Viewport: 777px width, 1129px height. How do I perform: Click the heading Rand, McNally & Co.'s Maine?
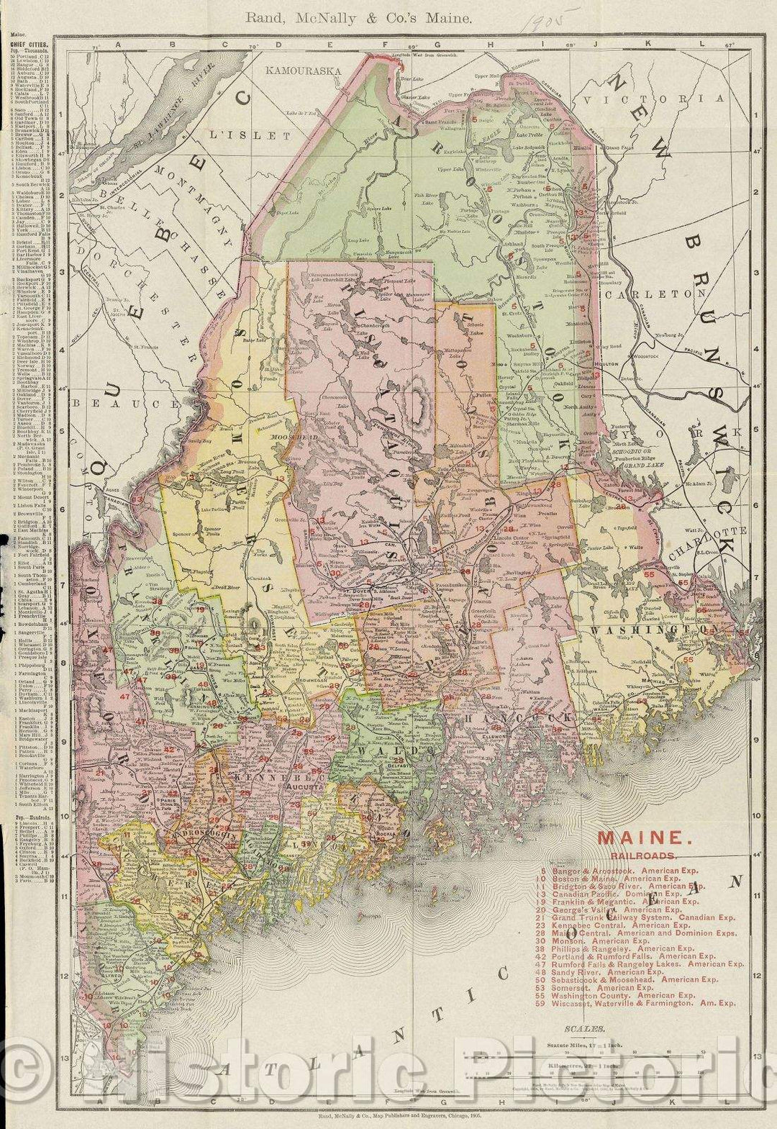359,19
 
